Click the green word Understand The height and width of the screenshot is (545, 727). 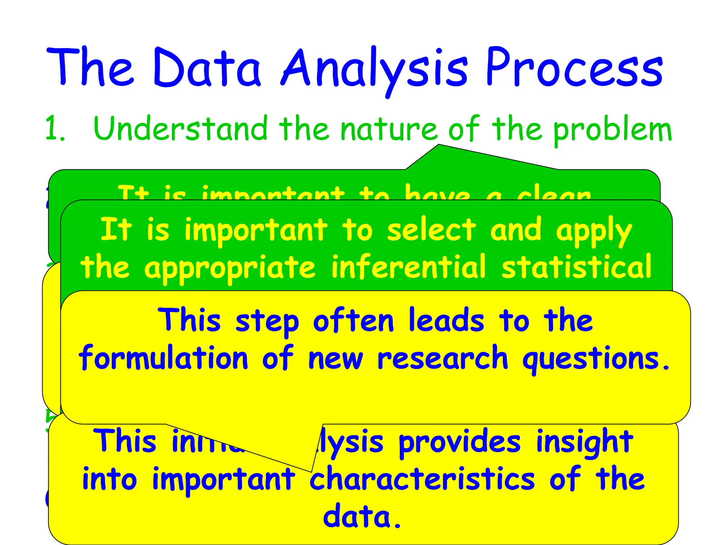click(180, 128)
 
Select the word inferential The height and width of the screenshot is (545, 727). click(408, 267)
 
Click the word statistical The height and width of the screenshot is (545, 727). click(576, 267)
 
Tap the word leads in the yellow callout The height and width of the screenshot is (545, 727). click(446, 321)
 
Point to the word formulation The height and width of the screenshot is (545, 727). click(163, 358)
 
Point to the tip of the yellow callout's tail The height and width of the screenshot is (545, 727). click(311, 472)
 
